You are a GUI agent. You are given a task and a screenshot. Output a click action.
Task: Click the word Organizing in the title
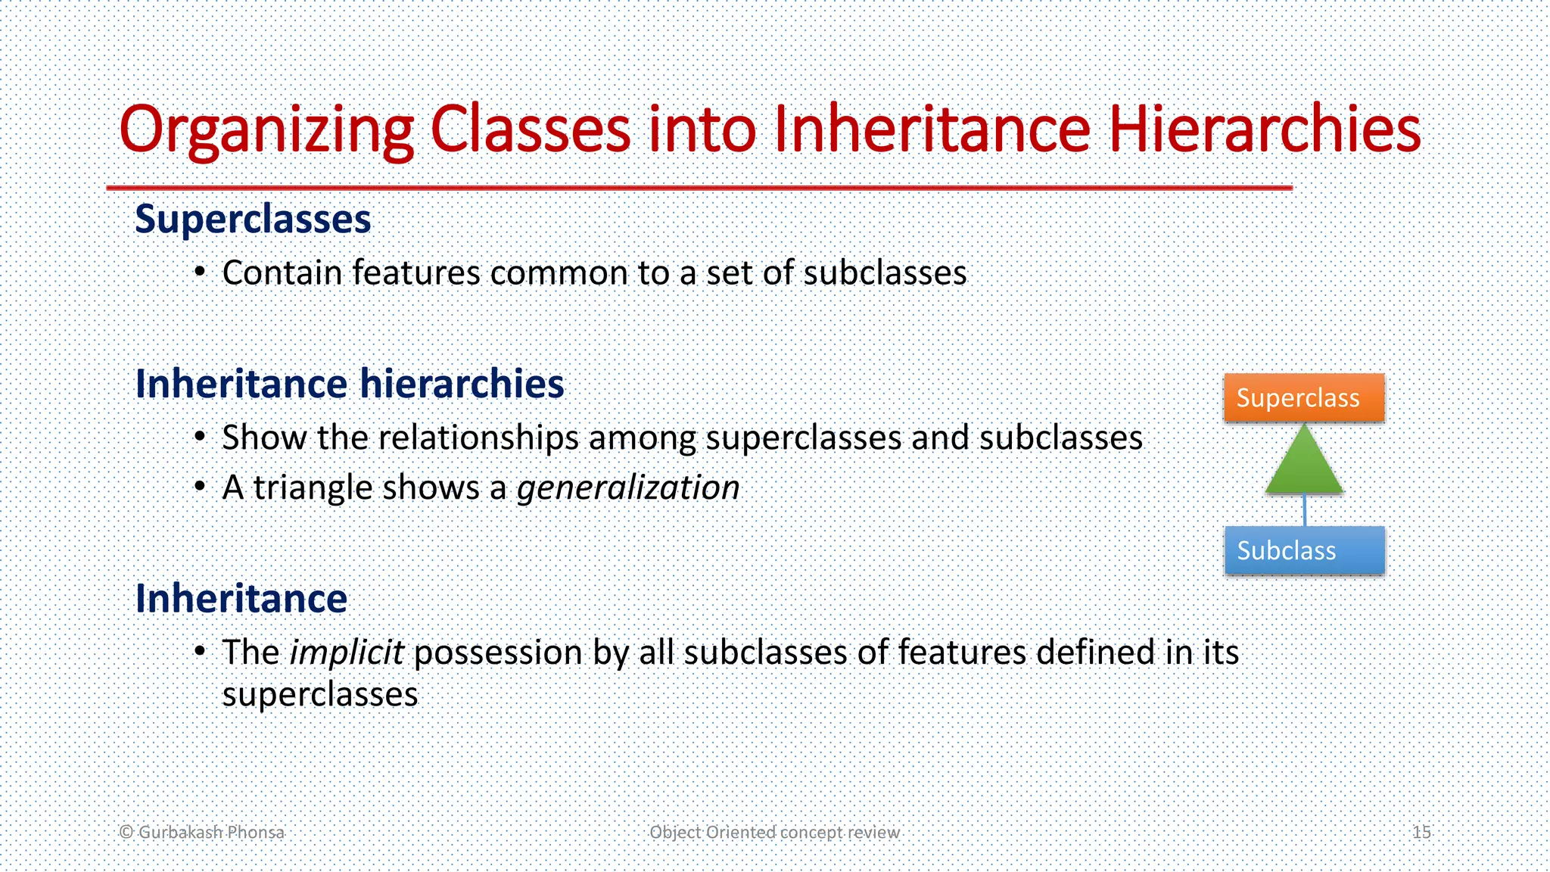pos(266,130)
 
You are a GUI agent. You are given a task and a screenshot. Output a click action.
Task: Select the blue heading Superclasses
pos(253,220)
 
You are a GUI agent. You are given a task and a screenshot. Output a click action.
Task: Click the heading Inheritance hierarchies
pos(349,384)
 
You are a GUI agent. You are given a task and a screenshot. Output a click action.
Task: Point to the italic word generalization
pos(627,487)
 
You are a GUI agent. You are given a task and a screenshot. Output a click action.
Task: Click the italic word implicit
pos(347,652)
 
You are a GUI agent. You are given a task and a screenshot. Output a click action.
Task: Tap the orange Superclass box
pos(1303,398)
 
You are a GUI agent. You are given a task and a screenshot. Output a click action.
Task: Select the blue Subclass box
pos(1303,550)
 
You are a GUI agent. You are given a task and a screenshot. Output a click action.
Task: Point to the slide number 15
pos(1421,832)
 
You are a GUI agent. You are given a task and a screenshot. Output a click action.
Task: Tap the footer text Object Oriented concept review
pos(774,832)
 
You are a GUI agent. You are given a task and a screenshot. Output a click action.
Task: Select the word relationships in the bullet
pos(478,438)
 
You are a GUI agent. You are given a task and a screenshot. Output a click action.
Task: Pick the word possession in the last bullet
pos(498,652)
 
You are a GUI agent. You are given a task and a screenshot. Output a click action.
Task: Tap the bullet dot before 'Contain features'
pos(199,272)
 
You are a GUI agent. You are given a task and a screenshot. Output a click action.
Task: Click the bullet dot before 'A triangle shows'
pos(199,486)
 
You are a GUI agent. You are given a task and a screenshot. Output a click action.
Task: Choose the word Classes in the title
pos(530,130)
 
